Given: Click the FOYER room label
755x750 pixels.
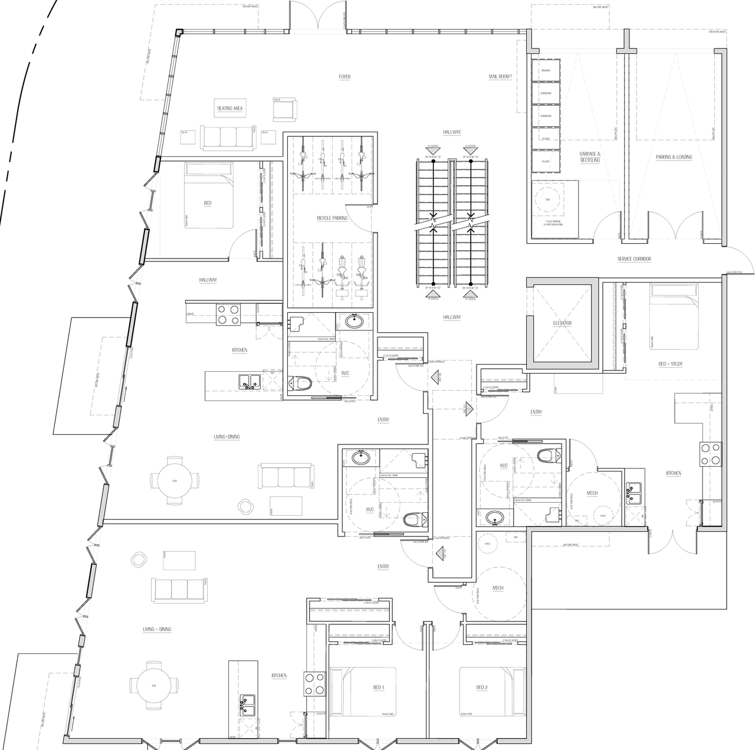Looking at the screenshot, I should pos(344,77).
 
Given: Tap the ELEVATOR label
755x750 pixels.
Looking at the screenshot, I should pos(563,323).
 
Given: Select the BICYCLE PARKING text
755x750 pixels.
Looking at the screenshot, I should pos(332,218).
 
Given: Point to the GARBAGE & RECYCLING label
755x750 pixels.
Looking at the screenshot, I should pos(590,157).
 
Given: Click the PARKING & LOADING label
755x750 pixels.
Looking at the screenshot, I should pos(674,157).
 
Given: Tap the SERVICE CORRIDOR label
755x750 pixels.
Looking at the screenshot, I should pos(634,259).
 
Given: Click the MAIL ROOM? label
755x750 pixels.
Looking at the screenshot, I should pos(500,77).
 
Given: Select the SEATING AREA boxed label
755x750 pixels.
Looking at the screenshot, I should pos(230,109).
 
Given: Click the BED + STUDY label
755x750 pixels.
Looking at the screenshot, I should pos(671,364).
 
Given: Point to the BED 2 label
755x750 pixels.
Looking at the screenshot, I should pos(481,687).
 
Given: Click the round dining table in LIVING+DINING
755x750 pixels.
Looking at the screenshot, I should pos(174,480).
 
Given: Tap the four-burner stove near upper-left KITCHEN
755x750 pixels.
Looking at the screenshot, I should pos(228,314).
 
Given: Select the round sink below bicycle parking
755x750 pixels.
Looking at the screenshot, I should pos(354,322).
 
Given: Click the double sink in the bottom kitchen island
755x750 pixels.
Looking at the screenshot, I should pos(247,705).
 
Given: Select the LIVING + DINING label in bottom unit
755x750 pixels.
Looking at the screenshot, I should pos(157,630).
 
